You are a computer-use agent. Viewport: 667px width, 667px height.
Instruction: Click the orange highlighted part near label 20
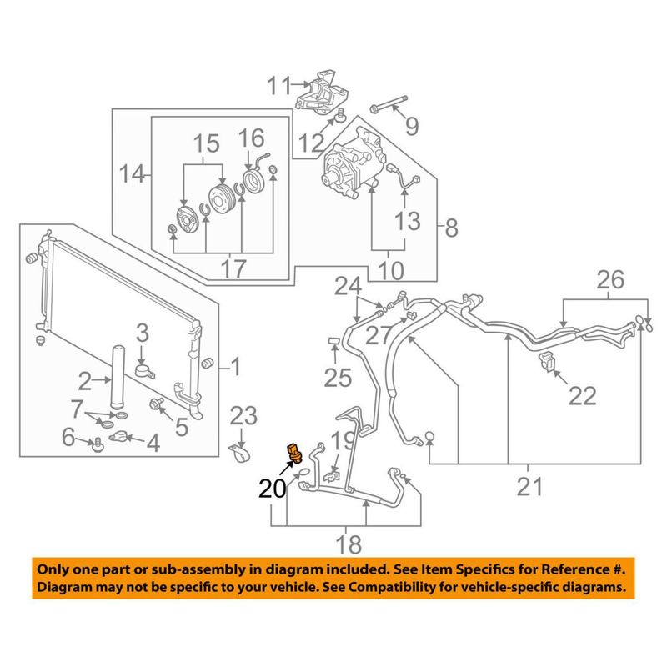(x=294, y=450)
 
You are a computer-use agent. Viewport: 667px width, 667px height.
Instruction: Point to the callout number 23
(x=243, y=415)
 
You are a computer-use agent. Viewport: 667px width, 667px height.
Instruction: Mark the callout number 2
(x=85, y=383)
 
